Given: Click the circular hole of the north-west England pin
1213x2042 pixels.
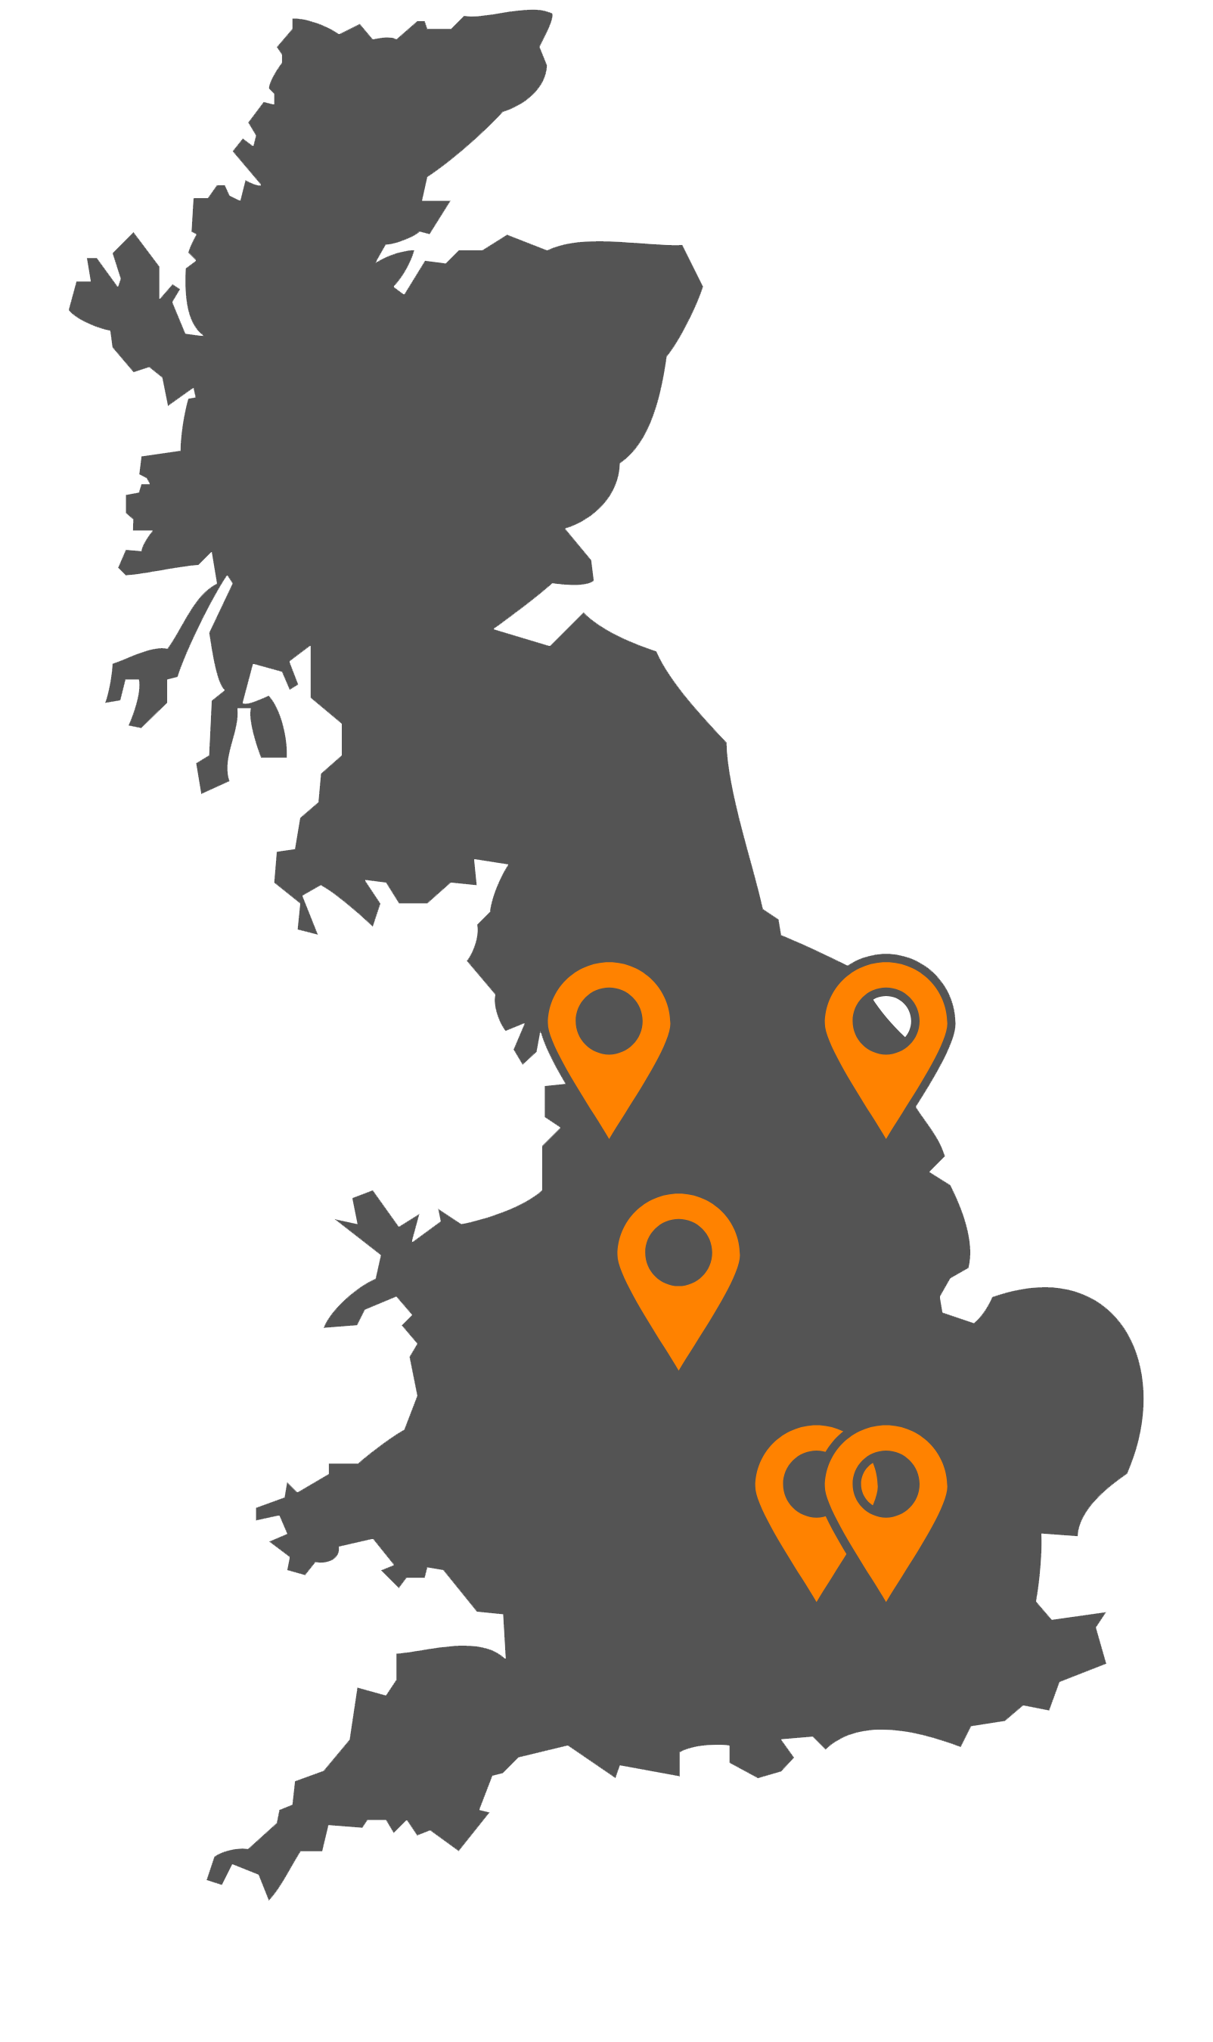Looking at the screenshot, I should tap(609, 1021).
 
